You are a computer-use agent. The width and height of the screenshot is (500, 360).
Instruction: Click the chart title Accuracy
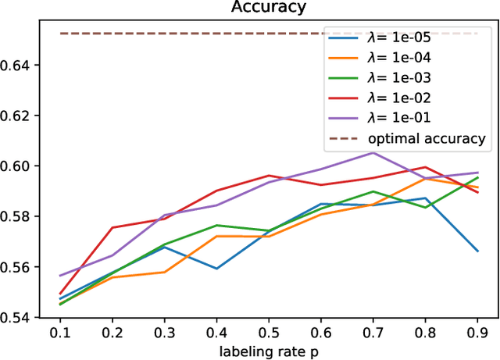[268, 8]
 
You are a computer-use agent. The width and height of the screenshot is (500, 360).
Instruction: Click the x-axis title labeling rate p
[268, 351]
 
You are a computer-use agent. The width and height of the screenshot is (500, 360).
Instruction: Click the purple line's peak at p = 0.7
[373, 152]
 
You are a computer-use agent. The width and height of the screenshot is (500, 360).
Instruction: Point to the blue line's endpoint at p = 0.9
[477, 251]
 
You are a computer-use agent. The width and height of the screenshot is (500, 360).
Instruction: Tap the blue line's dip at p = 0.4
[216, 269]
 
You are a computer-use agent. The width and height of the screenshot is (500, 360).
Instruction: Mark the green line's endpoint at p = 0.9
[477, 177]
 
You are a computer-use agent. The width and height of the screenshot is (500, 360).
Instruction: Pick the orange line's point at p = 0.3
[164, 273]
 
